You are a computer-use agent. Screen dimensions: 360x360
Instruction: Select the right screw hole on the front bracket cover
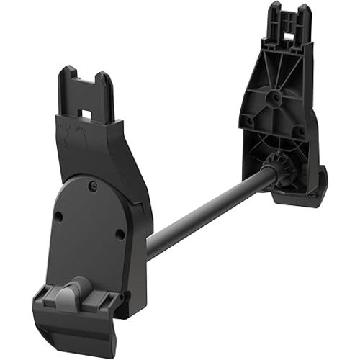point(120,233)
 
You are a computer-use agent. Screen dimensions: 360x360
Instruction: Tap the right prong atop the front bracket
point(105,85)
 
